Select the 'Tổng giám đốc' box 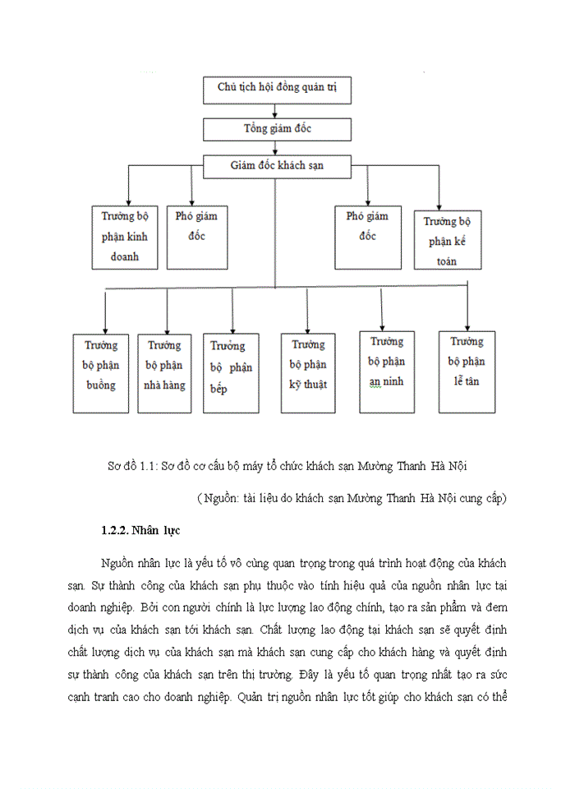pos(277,129)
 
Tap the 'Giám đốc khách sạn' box pos(277,165)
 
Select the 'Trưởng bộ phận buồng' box pos(101,371)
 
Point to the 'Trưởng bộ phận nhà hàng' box pos(164,371)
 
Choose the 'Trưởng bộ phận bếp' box pos(231,371)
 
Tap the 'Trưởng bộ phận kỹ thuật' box pos(309,371)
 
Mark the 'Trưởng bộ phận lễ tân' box pos(467,370)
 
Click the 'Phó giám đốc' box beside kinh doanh pos(197,236)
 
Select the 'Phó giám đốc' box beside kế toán pos(367,236)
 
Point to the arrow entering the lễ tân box pos(467,324)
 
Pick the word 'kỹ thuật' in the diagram pos(309,384)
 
